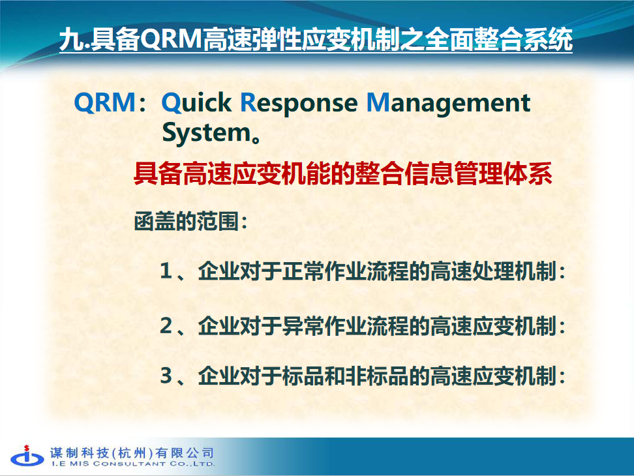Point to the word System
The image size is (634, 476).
[x=207, y=133]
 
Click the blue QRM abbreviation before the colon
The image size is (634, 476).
[x=105, y=102]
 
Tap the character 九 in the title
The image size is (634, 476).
[x=71, y=40]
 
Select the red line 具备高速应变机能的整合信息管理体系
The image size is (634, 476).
[x=343, y=173]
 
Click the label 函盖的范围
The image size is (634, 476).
[x=187, y=222]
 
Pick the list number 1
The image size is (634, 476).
[x=166, y=271]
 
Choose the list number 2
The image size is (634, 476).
[x=166, y=325]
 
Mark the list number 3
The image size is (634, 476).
[x=166, y=376]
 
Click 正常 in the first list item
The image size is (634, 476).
[x=303, y=271]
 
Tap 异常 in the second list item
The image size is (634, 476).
[x=303, y=325]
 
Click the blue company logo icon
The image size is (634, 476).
[x=27, y=456]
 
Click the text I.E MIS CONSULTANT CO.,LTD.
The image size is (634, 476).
[x=133, y=464]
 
